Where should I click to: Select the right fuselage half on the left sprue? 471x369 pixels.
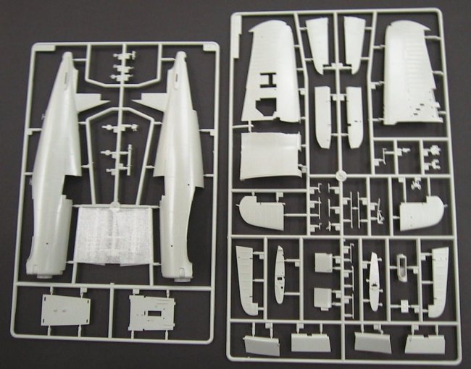178,166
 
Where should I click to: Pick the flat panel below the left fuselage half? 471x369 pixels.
66,310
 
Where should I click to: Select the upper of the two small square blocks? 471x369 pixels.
324,263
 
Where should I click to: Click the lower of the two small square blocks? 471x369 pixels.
324,297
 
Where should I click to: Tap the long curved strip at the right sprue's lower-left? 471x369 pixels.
246,279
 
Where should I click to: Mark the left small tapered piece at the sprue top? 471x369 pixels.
318,43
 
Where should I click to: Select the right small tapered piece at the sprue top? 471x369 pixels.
354,43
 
